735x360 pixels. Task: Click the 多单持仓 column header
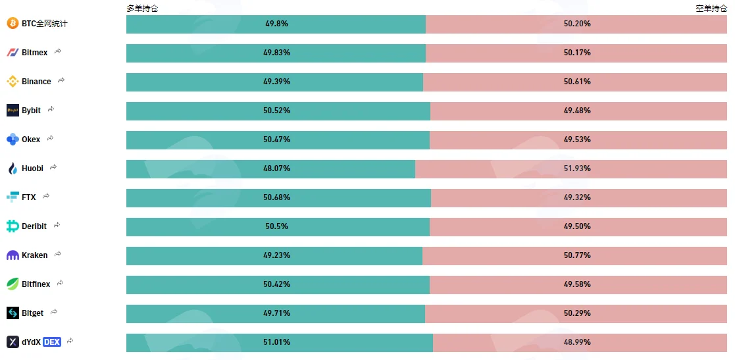142,9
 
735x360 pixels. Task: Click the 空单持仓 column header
711,9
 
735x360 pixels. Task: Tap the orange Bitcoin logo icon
13,23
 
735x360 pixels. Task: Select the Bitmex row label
35,53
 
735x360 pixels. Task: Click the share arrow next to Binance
61,81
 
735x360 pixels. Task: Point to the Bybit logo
13,110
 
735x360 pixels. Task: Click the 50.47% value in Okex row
276,140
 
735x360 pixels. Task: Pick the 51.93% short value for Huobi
577,168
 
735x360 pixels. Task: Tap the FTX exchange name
28,197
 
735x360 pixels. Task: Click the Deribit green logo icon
13,226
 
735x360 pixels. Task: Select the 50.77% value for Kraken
577,255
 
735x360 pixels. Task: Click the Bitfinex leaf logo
13,284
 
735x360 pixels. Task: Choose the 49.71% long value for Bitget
276,313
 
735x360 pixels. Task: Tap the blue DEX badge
51,342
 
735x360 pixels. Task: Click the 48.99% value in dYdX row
577,342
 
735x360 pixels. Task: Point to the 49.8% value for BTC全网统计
276,24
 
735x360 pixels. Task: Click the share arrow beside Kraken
58,254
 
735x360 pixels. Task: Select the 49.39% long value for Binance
276,82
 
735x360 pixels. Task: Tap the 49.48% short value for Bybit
577,111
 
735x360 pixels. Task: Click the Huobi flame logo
13,168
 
